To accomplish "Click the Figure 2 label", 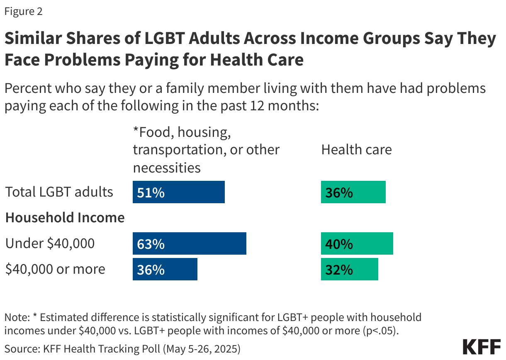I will tap(23, 12).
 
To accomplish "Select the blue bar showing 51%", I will tap(178, 192).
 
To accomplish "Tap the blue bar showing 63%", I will tap(189, 244).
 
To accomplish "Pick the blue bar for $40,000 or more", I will tap(165, 270).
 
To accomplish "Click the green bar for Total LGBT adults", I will tap(353, 192).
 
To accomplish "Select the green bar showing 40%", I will tap(357, 244).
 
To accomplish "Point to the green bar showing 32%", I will tap(349, 270).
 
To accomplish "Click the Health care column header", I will tap(356, 150).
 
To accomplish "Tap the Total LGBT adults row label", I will tap(59, 192).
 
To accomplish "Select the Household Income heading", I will tap(65, 218).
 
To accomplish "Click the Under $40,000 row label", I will tap(50, 244).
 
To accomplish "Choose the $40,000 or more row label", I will tap(55, 270).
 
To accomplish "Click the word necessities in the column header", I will tap(166, 168).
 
